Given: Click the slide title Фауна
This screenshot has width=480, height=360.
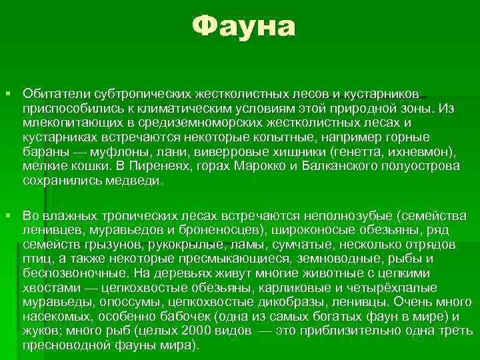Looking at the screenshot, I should click(x=243, y=27).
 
